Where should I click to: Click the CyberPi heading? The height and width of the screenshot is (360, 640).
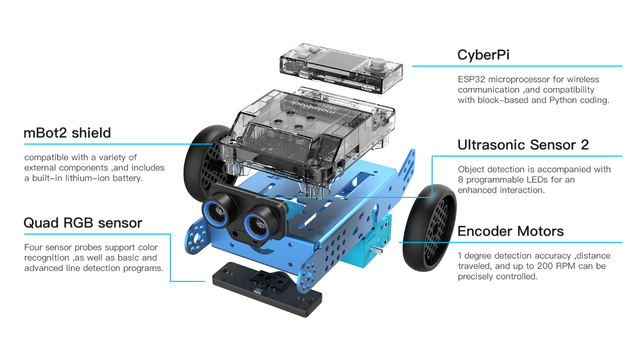coord(483,54)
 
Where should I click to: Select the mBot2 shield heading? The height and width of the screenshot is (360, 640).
coord(67,133)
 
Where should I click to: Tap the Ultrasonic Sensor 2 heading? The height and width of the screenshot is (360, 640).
coord(523,145)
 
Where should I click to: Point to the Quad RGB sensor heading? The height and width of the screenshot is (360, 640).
coord(83,223)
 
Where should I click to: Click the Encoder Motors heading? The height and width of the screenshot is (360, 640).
coord(511,231)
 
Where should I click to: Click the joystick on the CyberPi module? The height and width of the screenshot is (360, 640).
coord(378,65)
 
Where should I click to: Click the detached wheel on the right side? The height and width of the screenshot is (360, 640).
coord(429,228)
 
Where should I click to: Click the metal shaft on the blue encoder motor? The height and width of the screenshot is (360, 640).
coord(377,250)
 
